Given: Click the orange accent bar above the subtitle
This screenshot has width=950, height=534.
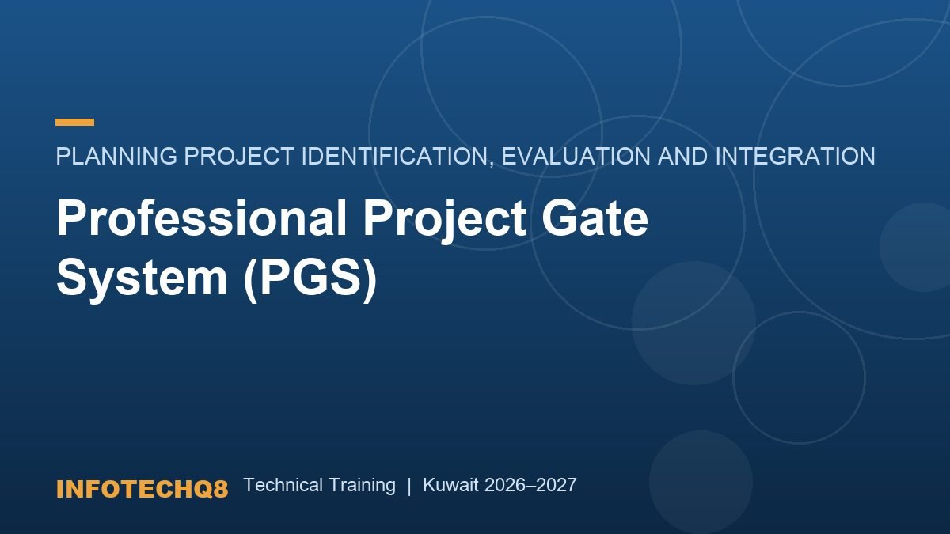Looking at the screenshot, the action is coord(74,122).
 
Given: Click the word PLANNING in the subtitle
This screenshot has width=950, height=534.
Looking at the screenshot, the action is coord(116,156).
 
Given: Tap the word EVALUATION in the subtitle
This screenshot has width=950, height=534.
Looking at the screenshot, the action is coord(576,156).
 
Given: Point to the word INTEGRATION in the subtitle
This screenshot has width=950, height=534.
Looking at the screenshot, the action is coord(795,156).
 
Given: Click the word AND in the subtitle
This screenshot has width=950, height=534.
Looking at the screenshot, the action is coord(682,156).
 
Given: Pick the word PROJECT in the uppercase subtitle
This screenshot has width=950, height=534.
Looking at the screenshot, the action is coord(239,156).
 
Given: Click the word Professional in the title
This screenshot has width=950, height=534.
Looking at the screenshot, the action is coord(202,218).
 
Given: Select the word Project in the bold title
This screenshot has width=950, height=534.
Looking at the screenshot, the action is coord(445,222).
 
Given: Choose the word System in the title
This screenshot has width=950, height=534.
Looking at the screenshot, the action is coord(142,280).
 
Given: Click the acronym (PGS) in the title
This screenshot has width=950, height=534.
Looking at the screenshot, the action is coord(310,280).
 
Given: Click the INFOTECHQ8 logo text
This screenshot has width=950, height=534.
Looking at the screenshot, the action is coord(142,489).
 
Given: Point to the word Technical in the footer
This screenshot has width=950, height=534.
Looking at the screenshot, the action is coord(283,485).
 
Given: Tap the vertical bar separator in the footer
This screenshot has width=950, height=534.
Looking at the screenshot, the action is coord(409,486).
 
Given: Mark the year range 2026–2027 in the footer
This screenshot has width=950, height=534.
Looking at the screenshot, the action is coord(530,485).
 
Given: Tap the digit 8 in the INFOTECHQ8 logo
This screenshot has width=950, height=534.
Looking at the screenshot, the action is coord(221,489).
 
